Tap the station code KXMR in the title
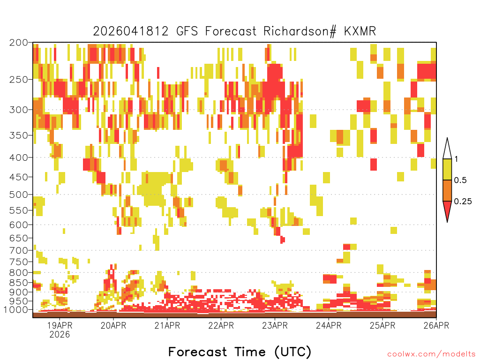pyautogui.click(x=360, y=31)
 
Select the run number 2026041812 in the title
pyautogui.click(x=131, y=31)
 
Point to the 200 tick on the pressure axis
pyautogui.click(x=19, y=43)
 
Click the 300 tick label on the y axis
pyautogui.click(x=19, y=110)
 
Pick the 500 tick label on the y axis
pyautogui.click(x=19, y=195)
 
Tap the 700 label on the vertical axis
pyautogui.click(x=19, y=250)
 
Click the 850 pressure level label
pyautogui.click(x=19, y=283)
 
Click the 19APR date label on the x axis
pyautogui.click(x=60, y=325)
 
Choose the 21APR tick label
pyautogui.click(x=167, y=325)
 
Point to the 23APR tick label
pyautogui.click(x=275, y=325)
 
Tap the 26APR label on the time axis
pyautogui.click(x=436, y=325)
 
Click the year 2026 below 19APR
pyautogui.click(x=60, y=334)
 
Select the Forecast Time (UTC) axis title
pyautogui.click(x=240, y=352)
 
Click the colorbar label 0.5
pyautogui.click(x=460, y=180)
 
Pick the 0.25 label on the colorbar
pyautogui.click(x=463, y=202)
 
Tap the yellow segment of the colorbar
pyautogui.click(x=447, y=169)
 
